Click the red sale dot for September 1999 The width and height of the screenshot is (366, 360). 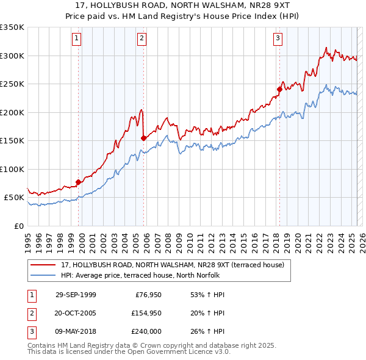[x=79, y=182]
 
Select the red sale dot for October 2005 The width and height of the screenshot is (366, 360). [x=144, y=138]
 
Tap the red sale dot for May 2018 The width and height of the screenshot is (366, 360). [x=279, y=89]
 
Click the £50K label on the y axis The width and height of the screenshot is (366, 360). [x=13, y=198]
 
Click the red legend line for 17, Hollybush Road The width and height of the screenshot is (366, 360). [x=43, y=265]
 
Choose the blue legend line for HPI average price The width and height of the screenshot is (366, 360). [x=43, y=275]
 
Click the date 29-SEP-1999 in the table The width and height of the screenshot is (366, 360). [x=76, y=295]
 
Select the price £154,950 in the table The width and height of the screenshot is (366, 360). [x=145, y=313]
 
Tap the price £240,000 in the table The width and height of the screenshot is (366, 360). [x=145, y=331]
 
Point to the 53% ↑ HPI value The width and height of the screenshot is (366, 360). [x=204, y=295]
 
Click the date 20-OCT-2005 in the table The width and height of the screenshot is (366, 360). [x=76, y=313]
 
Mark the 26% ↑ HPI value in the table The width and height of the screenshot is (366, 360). [x=204, y=331]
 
